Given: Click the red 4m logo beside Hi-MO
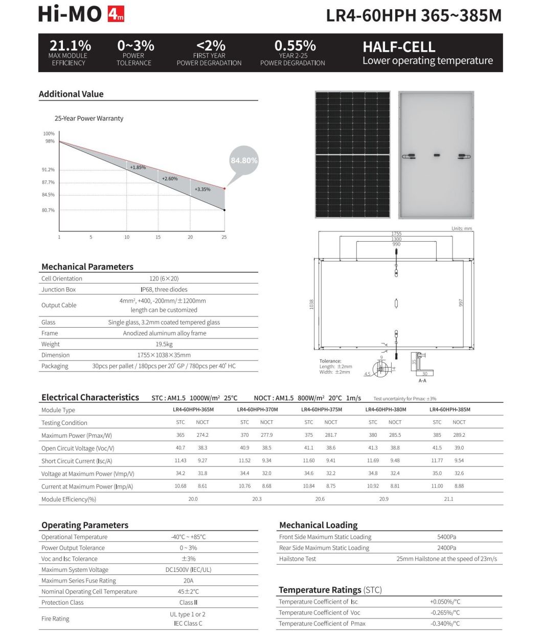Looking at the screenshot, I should click(x=116, y=15).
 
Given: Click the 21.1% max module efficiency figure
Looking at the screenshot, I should click(x=70, y=46).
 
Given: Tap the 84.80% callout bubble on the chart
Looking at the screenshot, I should click(x=244, y=160).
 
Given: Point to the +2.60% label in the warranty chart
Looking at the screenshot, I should click(x=169, y=179).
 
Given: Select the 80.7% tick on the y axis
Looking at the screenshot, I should click(x=48, y=210).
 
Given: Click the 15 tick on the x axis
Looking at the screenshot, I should click(x=158, y=237).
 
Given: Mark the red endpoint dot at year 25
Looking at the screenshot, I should click(x=224, y=188).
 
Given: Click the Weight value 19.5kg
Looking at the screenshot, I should click(x=164, y=344).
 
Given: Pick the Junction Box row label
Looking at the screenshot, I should click(x=58, y=289).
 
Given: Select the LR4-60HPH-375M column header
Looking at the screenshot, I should click(x=322, y=410).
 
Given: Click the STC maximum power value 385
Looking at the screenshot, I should click(x=437, y=435).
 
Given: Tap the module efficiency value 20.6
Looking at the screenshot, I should click(x=320, y=499).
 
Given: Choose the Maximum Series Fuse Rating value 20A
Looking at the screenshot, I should click(x=188, y=581).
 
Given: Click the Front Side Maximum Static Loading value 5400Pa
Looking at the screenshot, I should click(x=446, y=537).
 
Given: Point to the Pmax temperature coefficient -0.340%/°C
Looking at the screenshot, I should click(x=445, y=624).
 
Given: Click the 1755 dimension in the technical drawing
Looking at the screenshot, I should click(x=396, y=233).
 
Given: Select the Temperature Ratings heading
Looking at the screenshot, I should click(x=330, y=590).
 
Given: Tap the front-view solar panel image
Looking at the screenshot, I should click(x=352, y=155).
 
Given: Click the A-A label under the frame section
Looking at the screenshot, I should click(x=422, y=381).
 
